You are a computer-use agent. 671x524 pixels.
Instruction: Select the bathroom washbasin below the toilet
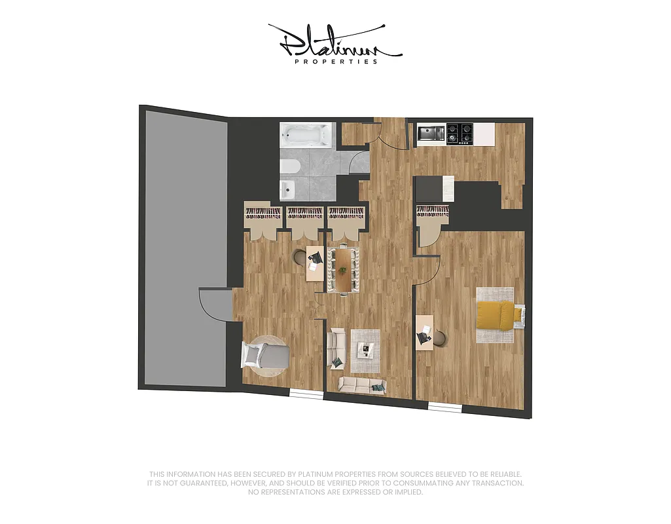coord(287,190)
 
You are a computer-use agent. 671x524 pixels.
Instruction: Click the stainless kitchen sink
coord(431,133)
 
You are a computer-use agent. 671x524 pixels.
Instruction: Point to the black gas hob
coord(460,134)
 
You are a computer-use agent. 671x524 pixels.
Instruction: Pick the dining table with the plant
coord(343,269)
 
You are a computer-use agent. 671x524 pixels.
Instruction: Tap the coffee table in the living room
coord(365,350)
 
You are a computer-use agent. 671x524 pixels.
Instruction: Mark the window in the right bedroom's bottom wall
coord(444,408)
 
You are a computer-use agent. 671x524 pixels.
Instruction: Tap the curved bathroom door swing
coord(359,162)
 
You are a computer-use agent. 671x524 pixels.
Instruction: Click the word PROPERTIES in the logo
coord(336,62)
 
